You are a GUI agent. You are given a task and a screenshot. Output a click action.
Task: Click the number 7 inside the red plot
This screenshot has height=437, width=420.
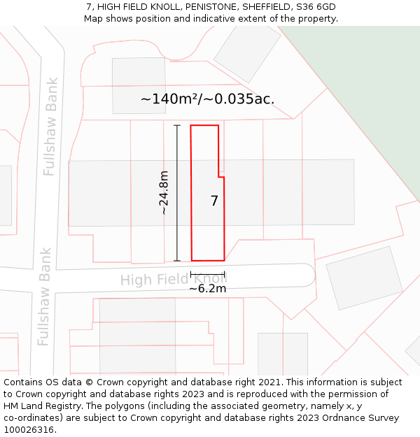214,201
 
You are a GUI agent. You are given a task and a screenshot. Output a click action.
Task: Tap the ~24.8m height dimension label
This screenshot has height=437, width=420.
164,192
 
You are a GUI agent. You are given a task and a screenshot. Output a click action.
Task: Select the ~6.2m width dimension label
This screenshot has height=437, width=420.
207,288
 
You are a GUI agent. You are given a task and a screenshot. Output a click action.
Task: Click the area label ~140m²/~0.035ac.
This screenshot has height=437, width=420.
207,99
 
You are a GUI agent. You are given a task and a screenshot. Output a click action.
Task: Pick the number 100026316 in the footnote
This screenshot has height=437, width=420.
27,430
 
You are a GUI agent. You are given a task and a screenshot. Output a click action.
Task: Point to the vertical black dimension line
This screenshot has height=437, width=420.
176,192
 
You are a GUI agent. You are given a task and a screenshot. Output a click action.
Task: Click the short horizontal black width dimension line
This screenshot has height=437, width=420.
207,273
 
